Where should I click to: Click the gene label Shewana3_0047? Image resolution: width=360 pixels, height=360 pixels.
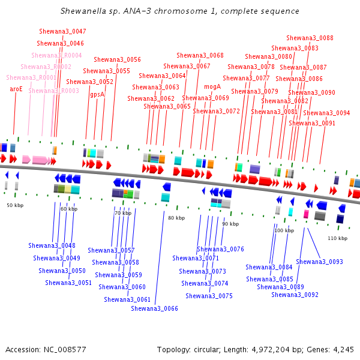click(x=62, y=31)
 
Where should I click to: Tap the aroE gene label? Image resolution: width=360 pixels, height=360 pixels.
click(x=16, y=89)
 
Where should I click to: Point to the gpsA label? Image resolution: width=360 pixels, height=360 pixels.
click(x=97, y=94)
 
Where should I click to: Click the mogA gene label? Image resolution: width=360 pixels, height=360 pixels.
click(x=212, y=86)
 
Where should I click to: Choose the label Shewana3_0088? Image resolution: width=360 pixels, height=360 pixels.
click(x=310, y=38)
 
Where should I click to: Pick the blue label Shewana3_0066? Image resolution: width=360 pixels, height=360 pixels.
click(x=154, y=308)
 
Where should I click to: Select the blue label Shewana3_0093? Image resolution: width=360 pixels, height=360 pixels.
click(x=319, y=262)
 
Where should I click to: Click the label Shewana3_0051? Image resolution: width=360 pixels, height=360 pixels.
click(x=68, y=283)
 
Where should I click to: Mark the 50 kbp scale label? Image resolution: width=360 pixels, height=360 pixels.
click(x=15, y=205)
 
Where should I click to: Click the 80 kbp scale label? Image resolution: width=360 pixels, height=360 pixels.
click(x=176, y=218)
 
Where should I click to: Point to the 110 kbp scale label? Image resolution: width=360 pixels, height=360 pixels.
click(x=337, y=238)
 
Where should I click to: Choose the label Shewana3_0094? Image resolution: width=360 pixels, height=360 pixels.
click(x=326, y=113)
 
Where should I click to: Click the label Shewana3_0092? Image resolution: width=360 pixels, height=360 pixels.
click(x=295, y=295)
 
